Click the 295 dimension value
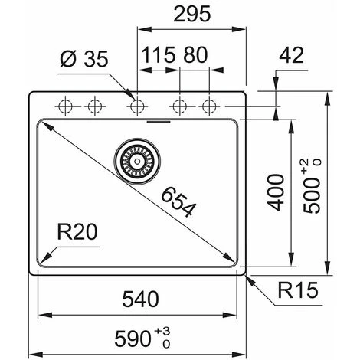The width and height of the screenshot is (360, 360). point(192,14)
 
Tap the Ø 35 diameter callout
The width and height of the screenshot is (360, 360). point(84,59)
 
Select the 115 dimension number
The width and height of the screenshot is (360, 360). point(159,55)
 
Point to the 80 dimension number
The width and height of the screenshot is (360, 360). point(195,55)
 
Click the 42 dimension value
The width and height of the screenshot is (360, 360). point(292,55)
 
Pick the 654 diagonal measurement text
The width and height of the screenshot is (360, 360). point(178,202)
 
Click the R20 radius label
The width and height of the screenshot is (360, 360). point(77,231)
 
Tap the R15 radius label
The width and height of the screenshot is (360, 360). point(298,290)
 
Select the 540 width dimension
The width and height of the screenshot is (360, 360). point(140,299)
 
